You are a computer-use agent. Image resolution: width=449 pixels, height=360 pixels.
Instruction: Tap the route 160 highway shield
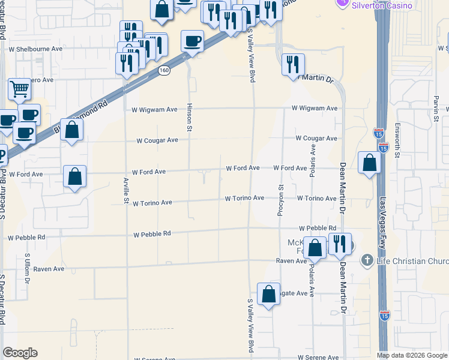tap(164, 71)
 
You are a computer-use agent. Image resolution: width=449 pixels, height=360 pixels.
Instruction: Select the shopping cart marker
tap(20, 90)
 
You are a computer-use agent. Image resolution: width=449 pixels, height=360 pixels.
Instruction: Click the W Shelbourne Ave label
tap(35, 49)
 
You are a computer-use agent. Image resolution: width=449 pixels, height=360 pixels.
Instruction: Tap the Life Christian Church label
tap(412, 260)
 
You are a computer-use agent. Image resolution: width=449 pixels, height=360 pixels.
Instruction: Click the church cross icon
tap(367, 260)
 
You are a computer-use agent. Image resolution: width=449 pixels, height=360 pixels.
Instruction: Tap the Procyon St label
tap(280, 200)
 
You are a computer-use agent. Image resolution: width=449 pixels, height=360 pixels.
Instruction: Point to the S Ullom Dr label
tap(27, 268)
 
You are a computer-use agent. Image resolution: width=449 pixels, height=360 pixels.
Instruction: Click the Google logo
tap(20, 353)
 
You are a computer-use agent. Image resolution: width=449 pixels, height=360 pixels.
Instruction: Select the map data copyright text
tap(412, 355)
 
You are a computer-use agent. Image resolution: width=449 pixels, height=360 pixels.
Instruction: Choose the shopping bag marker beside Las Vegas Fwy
tap(369, 163)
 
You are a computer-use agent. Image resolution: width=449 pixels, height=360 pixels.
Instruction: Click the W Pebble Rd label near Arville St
tap(152, 234)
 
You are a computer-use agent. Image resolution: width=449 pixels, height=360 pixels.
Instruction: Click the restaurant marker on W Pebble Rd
tap(340, 244)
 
